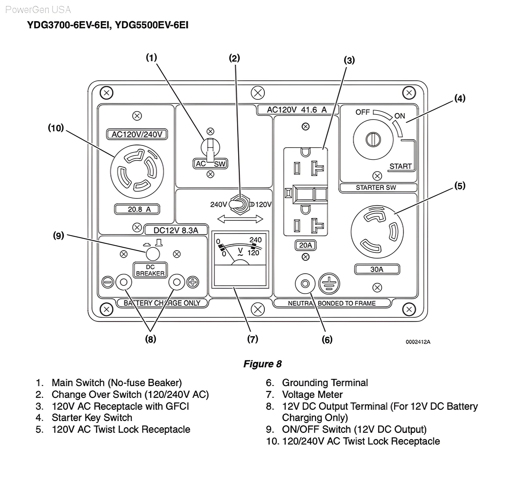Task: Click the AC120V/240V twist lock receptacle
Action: [137, 171]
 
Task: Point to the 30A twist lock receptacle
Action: [377, 232]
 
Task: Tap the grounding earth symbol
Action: [329, 284]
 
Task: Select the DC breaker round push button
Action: [153, 254]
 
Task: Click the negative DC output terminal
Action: [123, 282]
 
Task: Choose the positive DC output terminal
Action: [177, 282]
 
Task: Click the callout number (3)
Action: [349, 60]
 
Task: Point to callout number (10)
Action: [56, 128]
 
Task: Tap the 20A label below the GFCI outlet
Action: [305, 245]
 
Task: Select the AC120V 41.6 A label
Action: [297, 110]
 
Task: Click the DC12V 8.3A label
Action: [176, 230]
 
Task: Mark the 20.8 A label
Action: [137, 209]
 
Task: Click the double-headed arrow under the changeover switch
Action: [240, 219]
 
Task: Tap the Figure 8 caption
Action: [262, 364]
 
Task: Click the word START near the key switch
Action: [400, 166]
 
